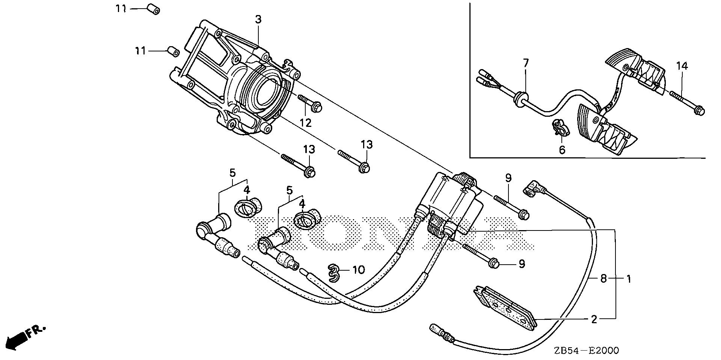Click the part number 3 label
click(x=258, y=20)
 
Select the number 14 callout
click(x=682, y=66)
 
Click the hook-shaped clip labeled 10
click(x=334, y=273)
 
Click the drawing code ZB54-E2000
click(x=586, y=351)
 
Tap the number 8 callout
click(x=603, y=279)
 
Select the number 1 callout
click(x=628, y=279)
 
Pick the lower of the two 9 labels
click(x=521, y=264)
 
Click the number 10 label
click(x=359, y=270)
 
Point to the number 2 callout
click(x=594, y=319)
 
